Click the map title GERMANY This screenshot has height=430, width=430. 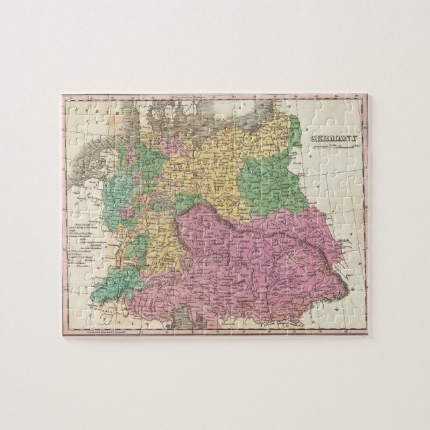point(332,139)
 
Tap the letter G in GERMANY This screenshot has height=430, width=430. point(312,139)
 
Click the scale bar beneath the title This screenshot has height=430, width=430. point(331,146)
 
